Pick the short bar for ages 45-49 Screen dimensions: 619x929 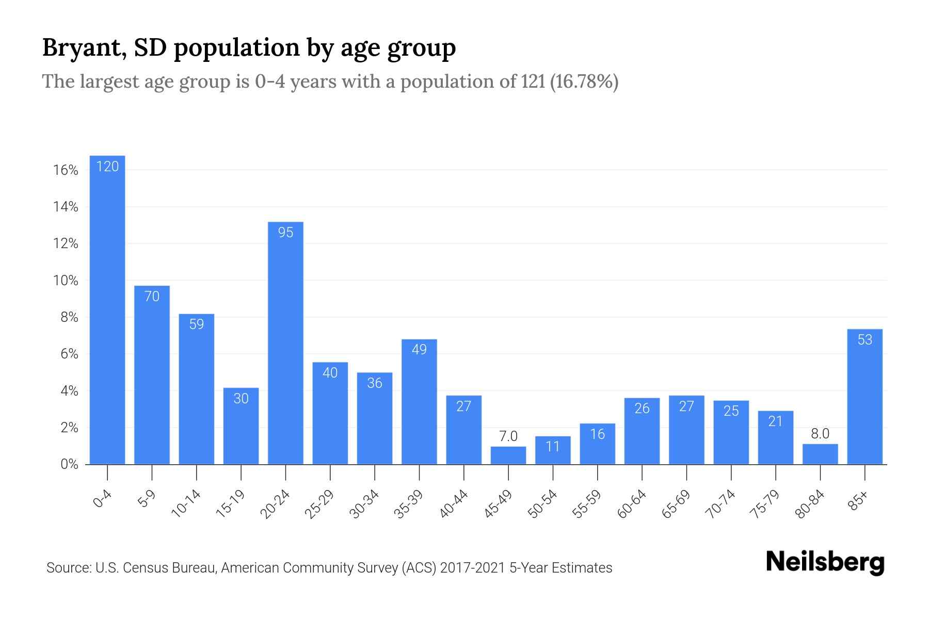coord(508,455)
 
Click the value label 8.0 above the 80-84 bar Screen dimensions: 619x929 coord(820,434)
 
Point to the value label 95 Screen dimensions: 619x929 coord(285,233)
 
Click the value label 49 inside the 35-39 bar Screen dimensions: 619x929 coord(419,350)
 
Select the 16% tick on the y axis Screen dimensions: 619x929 coord(66,170)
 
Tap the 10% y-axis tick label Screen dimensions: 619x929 coord(66,281)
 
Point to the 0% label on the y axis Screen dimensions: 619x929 coord(69,464)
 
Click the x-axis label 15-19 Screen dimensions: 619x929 coord(230,504)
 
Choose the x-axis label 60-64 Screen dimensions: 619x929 coord(631,504)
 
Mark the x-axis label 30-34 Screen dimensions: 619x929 coord(364,504)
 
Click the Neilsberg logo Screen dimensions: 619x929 coord(825,562)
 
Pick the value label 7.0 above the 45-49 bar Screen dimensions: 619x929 coord(508,436)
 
